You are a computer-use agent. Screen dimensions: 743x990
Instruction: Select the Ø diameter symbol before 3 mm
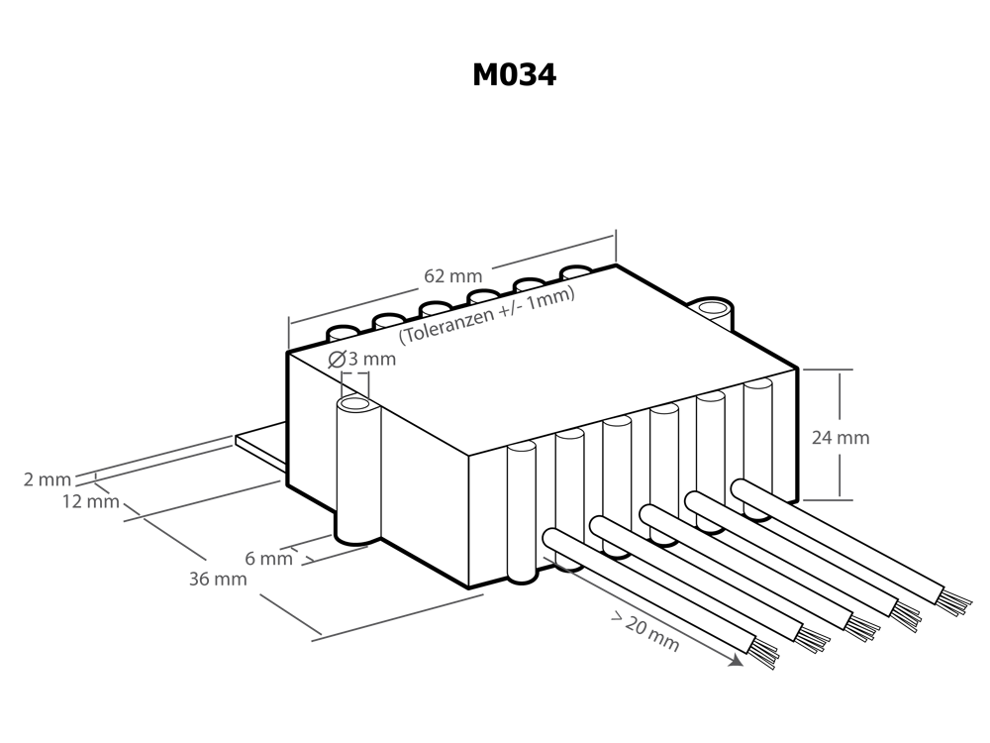pos(337,360)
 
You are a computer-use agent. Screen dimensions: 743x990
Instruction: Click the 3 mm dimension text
pos(373,359)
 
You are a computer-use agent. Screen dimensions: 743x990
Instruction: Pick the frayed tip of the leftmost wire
pos(764,653)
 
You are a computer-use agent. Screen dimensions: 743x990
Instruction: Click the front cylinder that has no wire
pos(521,515)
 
